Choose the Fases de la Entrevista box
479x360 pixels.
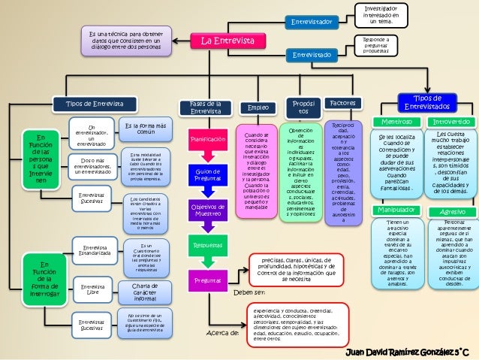tap(206, 107)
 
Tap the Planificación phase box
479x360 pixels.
tap(207, 140)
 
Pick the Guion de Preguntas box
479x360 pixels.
tap(207, 175)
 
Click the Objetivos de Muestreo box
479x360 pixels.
tap(207, 210)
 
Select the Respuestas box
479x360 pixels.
tap(207, 245)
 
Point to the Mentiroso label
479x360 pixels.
tap(396, 121)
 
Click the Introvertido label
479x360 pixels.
tap(450, 121)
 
